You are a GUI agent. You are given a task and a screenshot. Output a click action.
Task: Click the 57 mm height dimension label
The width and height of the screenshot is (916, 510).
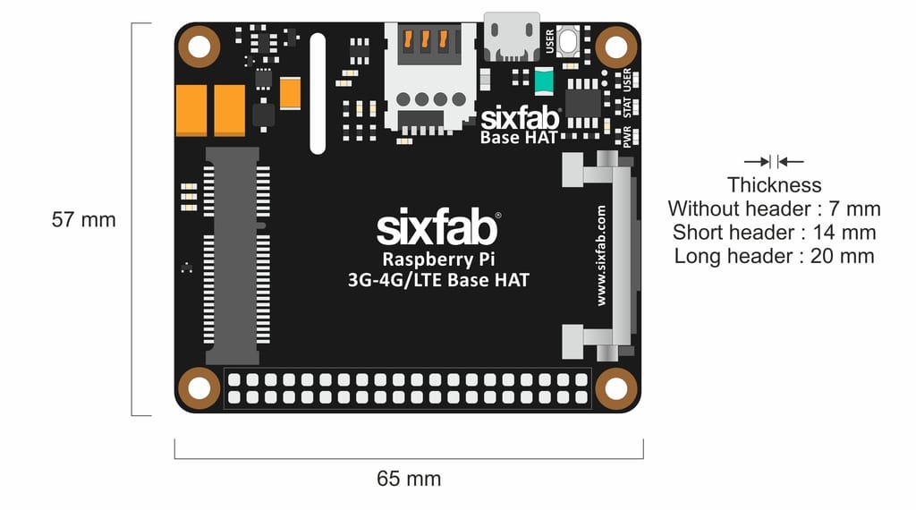(83, 219)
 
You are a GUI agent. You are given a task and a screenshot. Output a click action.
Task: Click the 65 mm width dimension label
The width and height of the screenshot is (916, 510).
(409, 479)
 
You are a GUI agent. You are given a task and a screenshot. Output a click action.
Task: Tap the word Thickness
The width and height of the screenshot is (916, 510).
(774, 185)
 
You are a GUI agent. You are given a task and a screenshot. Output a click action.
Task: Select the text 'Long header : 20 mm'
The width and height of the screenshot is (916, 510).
(774, 256)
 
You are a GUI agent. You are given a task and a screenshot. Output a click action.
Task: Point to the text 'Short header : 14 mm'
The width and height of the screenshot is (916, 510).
(774, 233)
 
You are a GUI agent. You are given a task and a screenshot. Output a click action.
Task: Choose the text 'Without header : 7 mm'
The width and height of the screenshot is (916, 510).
(774, 209)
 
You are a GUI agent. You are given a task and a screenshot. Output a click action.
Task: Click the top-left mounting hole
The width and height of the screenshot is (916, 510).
(199, 47)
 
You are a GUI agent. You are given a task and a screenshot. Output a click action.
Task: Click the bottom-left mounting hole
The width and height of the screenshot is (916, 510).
(199, 388)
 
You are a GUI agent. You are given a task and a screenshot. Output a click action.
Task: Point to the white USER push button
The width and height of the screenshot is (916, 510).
(566, 41)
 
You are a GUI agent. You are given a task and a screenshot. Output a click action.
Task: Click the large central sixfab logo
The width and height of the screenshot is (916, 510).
(437, 230)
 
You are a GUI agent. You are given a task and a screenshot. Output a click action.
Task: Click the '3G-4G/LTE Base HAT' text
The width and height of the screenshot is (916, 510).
(438, 281)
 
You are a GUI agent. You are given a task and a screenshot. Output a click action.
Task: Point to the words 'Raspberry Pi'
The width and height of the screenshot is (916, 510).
(437, 259)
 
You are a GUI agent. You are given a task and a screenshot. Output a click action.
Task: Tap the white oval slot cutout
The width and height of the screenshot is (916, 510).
(317, 94)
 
